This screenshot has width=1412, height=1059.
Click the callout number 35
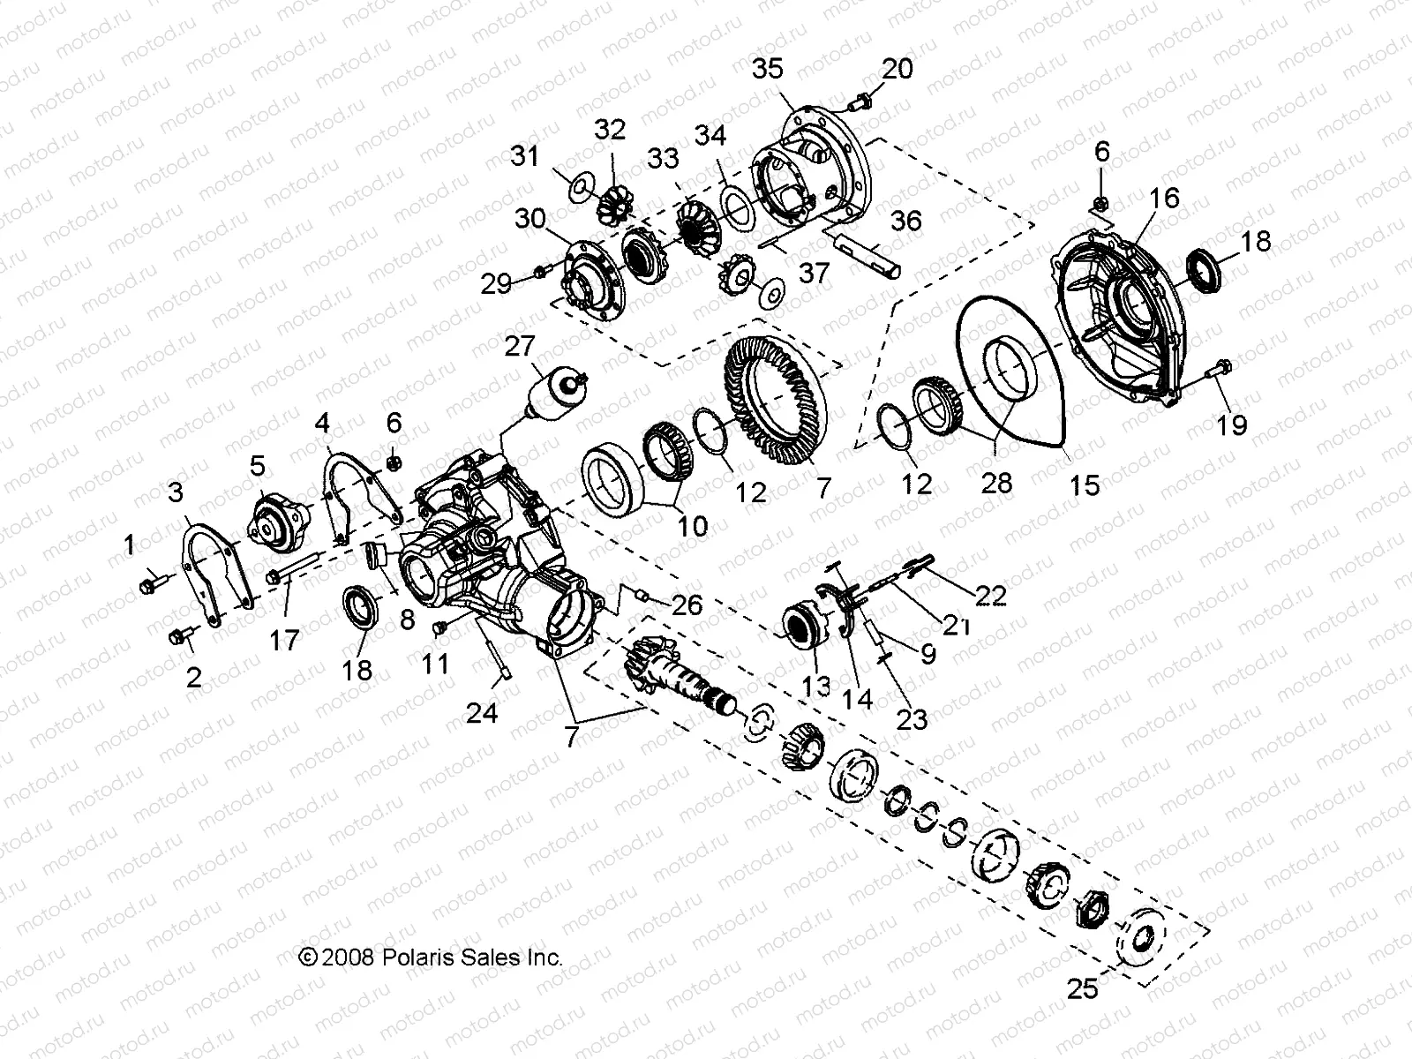click(768, 70)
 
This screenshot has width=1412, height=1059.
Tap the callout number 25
click(1082, 989)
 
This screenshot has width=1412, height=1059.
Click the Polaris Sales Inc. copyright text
click(431, 957)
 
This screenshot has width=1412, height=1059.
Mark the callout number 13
click(817, 686)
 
